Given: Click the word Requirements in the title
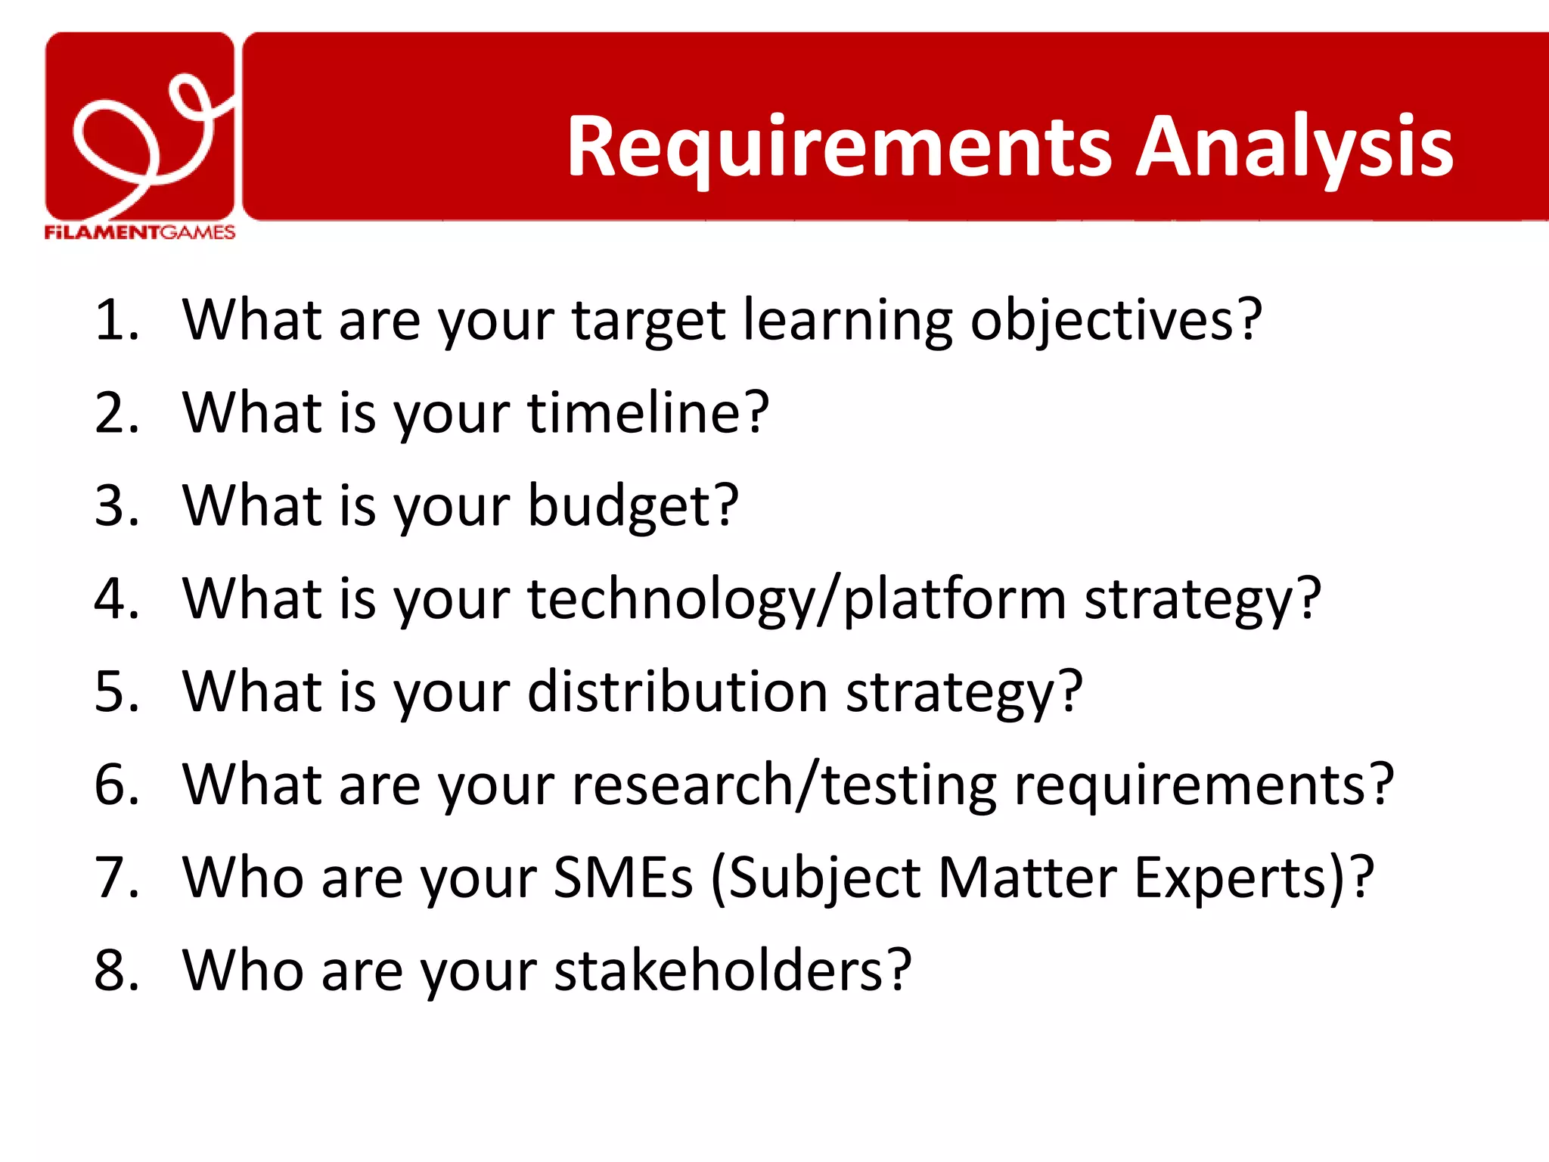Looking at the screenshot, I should pyautogui.click(x=840, y=148).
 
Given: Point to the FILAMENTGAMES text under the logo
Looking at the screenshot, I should pyautogui.click(x=140, y=232).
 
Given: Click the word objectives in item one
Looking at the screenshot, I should pyautogui.click(x=1116, y=321).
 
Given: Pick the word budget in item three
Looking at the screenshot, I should pyautogui.click(x=632, y=506).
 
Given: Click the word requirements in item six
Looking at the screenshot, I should pyautogui.click(x=1203, y=785).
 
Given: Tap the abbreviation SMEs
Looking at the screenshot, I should pyautogui.click(x=623, y=878).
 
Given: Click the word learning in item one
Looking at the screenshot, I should pyautogui.click(x=848, y=321).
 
